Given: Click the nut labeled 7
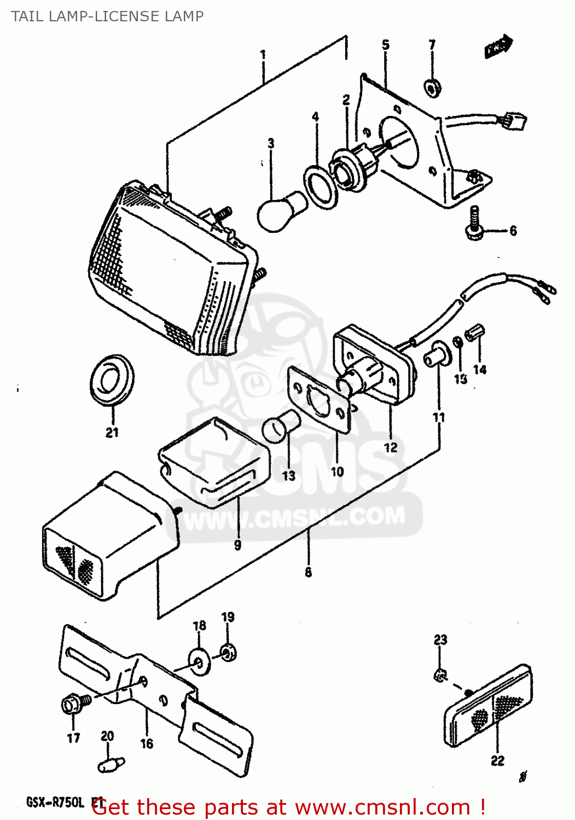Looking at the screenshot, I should coord(432,87).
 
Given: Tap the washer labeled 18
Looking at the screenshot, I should coord(199,662).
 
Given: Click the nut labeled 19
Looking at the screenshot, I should coord(228,651).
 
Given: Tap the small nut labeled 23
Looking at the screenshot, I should coord(440,676).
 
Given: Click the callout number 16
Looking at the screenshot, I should coord(147,743).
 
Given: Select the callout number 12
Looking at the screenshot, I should coord(391,448).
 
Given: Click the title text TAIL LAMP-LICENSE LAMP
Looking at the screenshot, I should coord(107,16).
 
